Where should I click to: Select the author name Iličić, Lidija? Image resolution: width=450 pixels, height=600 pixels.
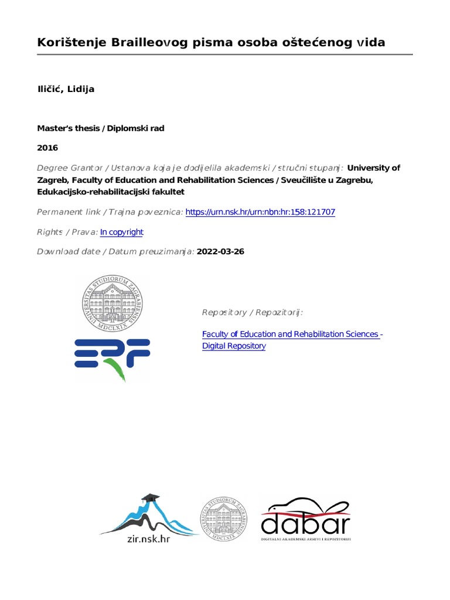66,89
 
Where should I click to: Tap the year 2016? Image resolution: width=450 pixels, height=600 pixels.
47,148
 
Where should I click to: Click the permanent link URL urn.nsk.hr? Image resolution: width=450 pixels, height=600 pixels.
260,212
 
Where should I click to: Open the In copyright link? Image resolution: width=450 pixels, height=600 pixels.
122,232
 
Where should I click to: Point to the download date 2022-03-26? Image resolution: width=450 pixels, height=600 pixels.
221,252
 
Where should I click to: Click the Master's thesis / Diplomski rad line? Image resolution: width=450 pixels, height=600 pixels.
101,128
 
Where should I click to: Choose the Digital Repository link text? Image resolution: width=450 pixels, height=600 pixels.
234,346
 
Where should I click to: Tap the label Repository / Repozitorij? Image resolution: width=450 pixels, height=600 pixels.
253,313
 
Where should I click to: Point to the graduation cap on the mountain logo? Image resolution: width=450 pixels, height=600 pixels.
151,498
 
